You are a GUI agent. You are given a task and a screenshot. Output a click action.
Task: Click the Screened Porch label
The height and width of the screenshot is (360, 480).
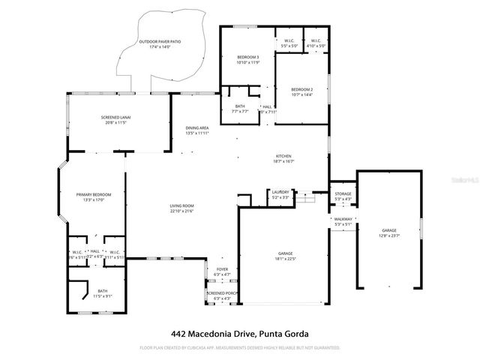click(x=222, y=295)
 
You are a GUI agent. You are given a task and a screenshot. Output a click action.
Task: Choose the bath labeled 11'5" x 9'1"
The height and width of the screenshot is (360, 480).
click(x=102, y=293)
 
